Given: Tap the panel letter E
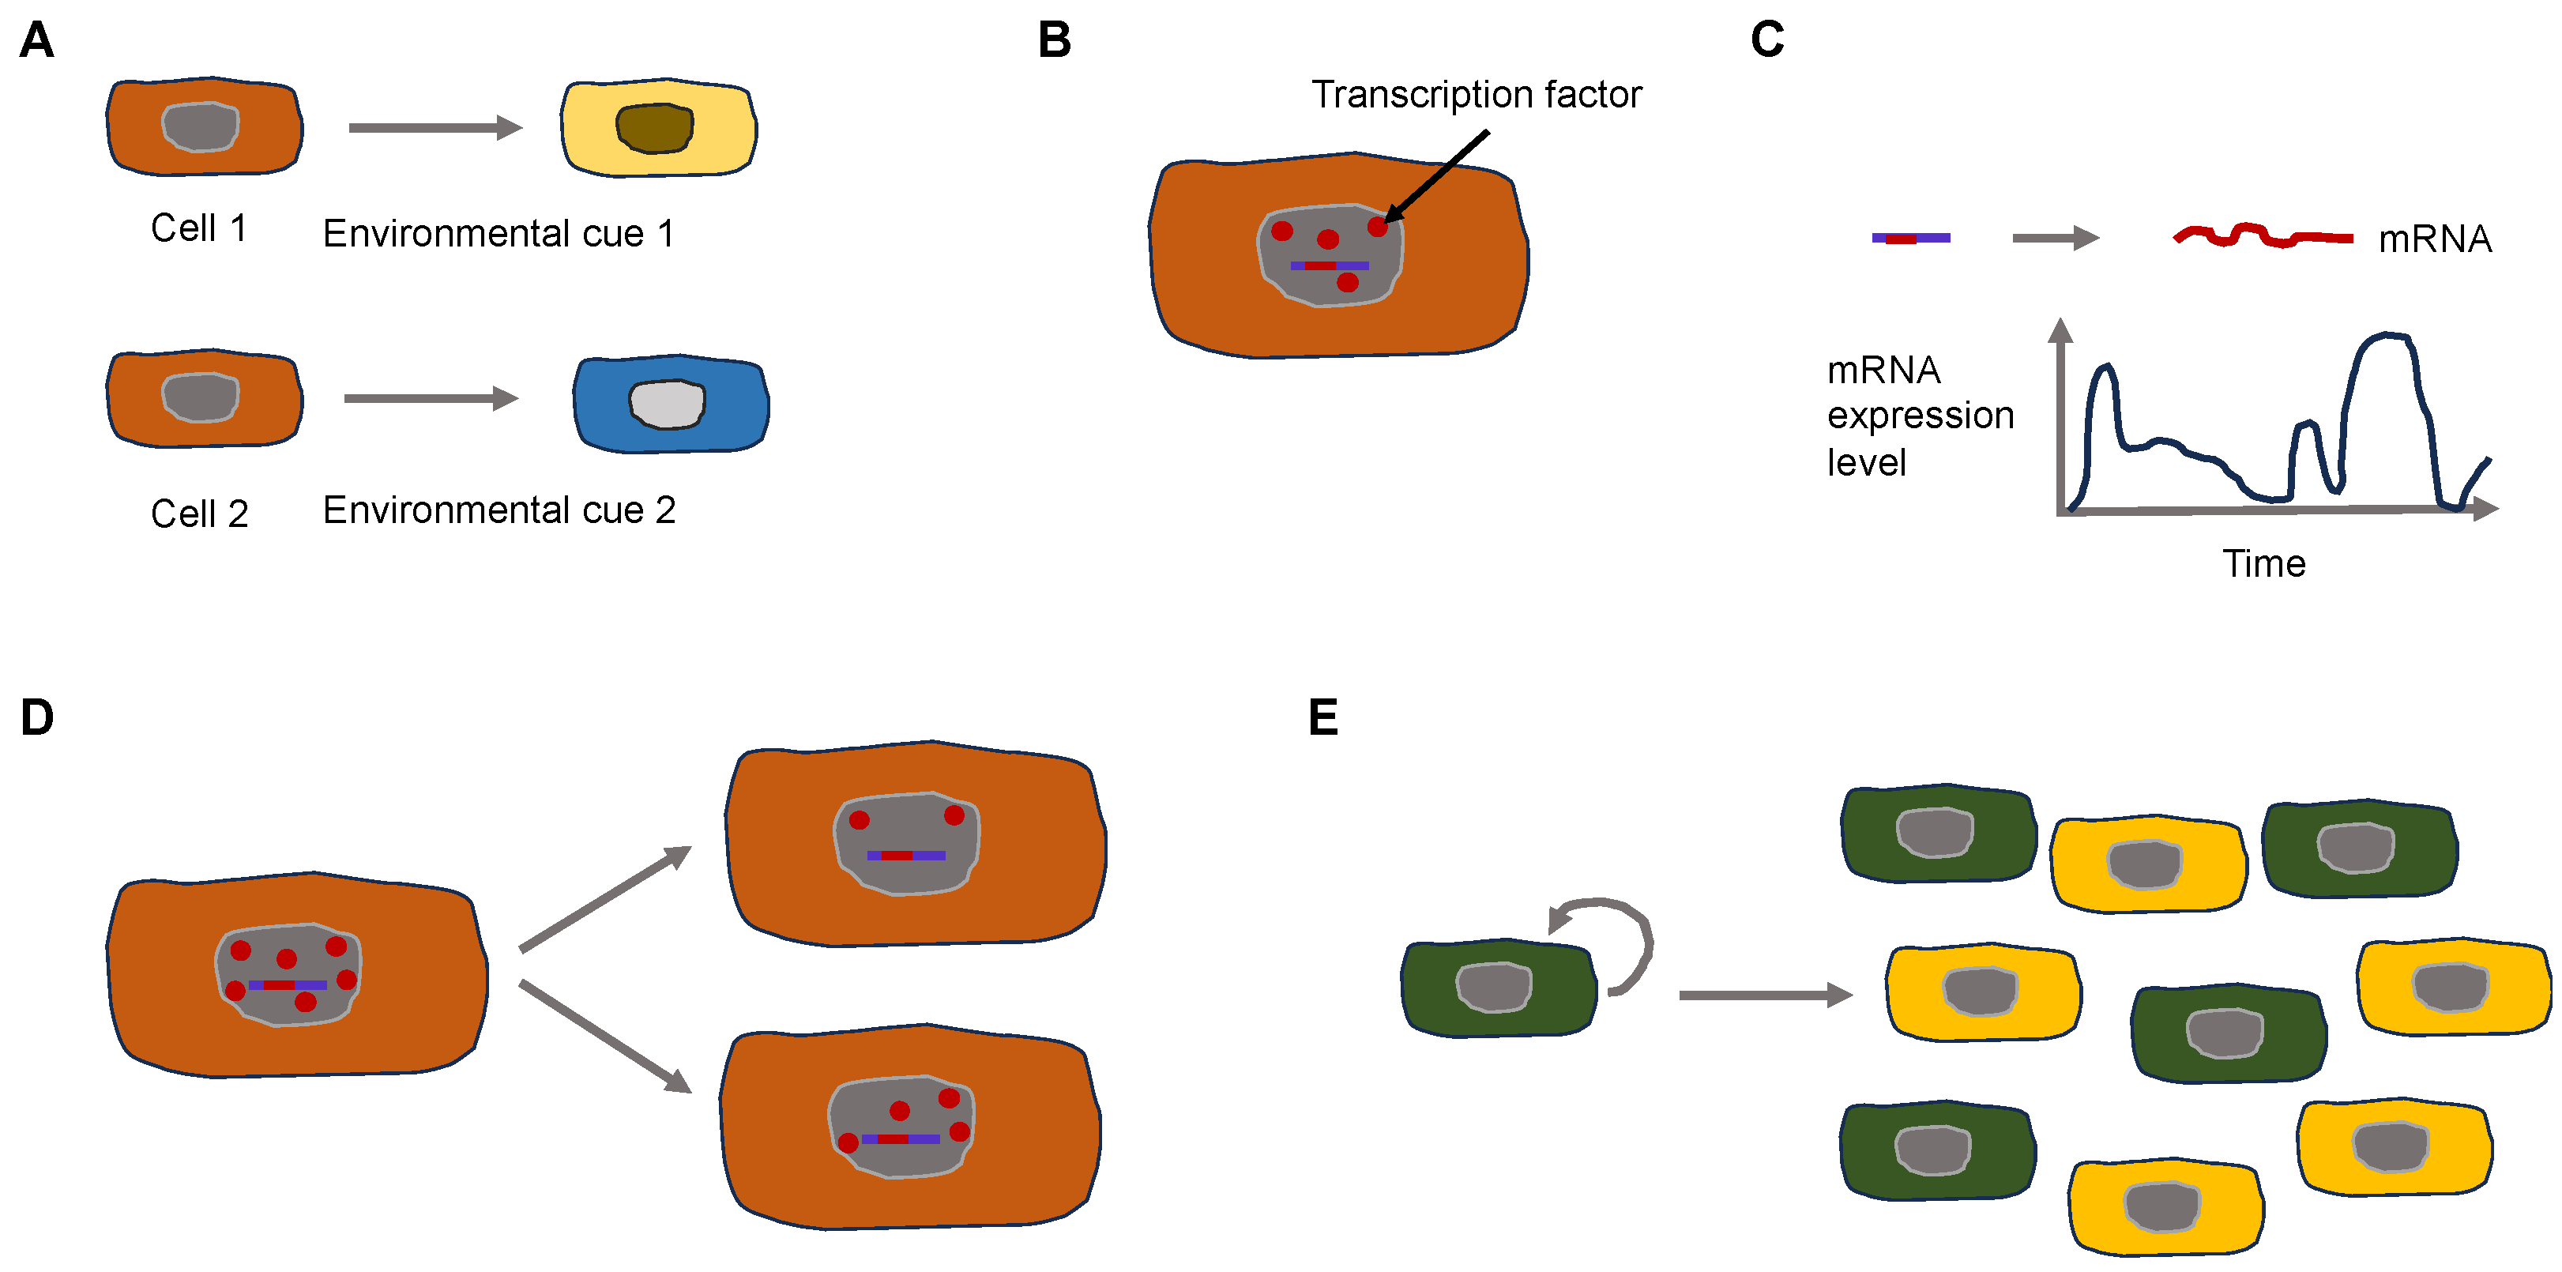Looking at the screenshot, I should coord(1322,717).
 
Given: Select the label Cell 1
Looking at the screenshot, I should coord(198,229).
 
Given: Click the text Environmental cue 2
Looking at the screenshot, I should coord(499,510).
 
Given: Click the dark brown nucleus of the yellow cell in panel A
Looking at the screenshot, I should coord(654,128).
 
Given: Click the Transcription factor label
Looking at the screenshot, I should coord(1476,96).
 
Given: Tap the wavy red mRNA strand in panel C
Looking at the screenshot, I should coord(2262,237).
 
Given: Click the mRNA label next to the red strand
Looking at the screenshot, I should coord(2434,239).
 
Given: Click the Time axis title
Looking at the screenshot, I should coord(2263,564).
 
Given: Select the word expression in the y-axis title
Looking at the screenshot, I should coord(1920,416).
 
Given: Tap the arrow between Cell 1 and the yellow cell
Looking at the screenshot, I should coord(435,127).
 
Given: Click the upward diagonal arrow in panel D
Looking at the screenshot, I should coord(604,898).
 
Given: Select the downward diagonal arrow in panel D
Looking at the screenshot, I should coord(604,1037).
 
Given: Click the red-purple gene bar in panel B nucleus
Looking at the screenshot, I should coord(1329,265).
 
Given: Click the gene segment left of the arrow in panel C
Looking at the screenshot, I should coord(1910,238).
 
